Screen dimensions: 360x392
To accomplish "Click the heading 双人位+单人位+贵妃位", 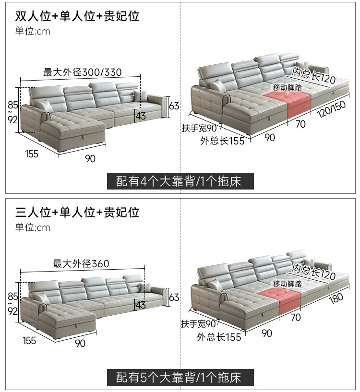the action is tap(77, 16).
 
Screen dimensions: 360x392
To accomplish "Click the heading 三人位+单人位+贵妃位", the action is tap(77, 212).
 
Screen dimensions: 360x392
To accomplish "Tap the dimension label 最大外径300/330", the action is tap(82, 72).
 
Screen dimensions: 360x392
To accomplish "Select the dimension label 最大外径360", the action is tap(81, 263).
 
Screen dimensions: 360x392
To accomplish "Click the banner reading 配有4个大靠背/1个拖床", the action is tap(180, 181).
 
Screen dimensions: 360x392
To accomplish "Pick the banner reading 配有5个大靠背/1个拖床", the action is tap(180, 377).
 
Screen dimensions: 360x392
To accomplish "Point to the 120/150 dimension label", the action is tap(332, 109).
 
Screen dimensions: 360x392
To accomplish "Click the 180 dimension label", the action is tap(336, 298).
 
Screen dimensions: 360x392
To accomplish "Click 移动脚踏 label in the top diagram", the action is tap(288, 87).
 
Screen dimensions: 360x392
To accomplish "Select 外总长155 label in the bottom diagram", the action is tap(219, 337).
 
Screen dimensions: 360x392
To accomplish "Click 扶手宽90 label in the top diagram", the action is tap(199, 128).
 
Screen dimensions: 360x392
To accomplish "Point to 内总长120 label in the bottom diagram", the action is tap(314, 272).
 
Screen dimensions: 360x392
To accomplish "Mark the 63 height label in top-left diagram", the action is tap(174, 106).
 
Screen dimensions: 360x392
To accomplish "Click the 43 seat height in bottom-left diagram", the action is tap(141, 305).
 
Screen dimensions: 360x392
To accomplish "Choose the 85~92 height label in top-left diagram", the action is tap(12, 112).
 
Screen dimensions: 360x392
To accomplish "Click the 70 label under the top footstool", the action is tap(300, 124).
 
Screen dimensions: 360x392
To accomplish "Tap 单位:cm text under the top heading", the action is tap(33, 31).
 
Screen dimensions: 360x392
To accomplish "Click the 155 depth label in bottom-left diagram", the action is tap(29, 340).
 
